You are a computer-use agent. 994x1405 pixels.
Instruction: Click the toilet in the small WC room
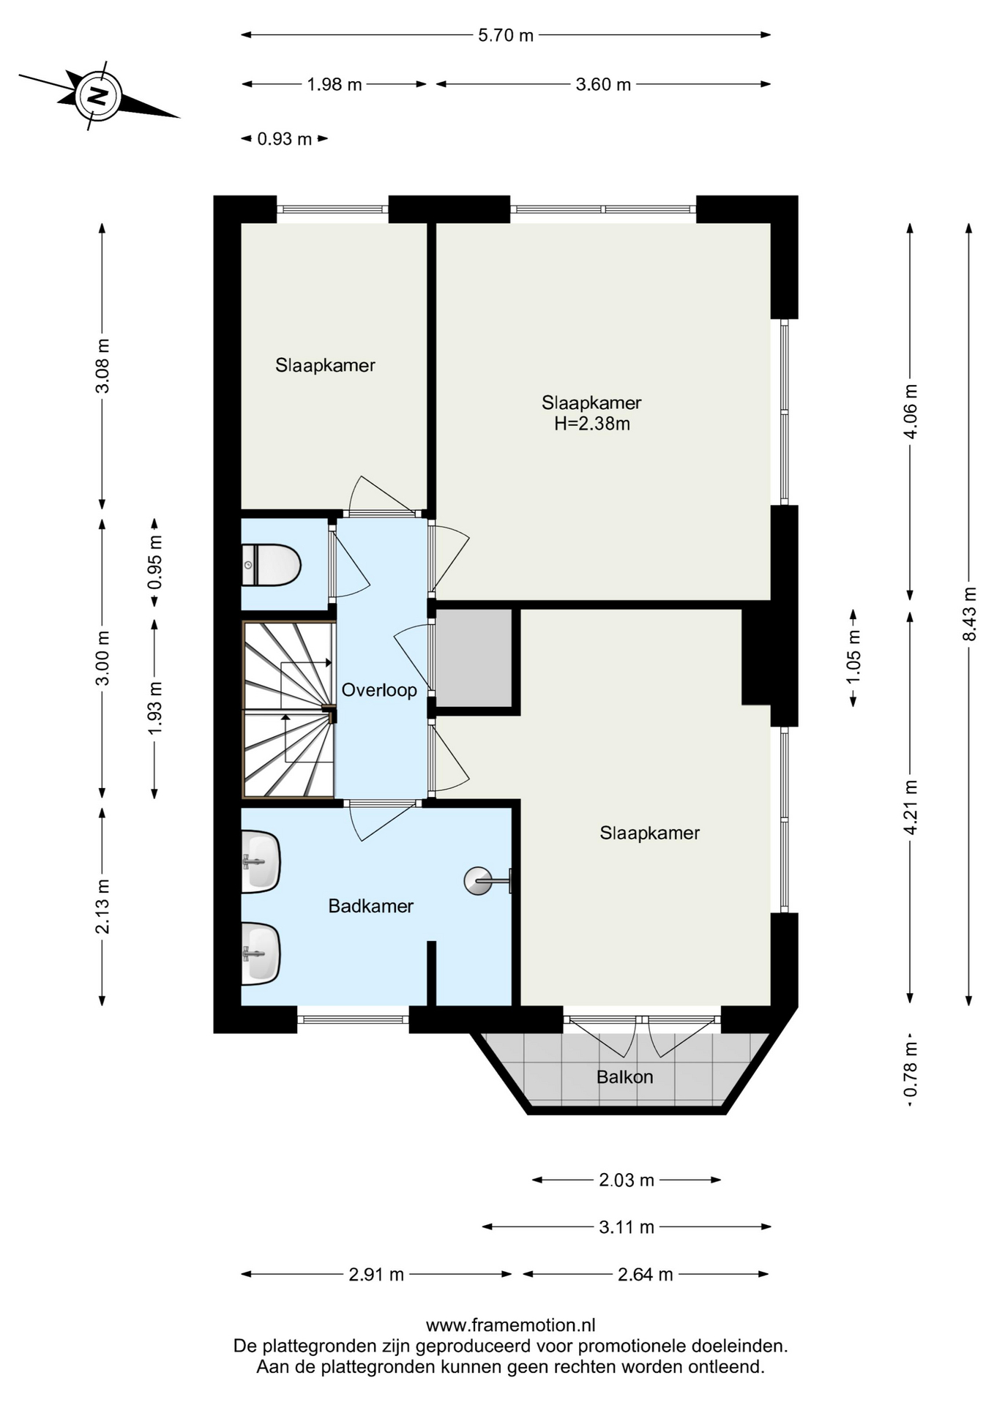tap(271, 565)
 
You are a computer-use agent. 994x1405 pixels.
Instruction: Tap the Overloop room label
tap(379, 690)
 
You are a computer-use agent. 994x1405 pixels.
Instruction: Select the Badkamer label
tap(371, 906)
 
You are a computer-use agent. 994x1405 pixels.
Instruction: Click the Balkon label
tap(624, 1076)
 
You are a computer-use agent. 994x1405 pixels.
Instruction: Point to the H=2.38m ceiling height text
tap(592, 424)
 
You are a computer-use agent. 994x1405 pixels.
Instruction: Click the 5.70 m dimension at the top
tap(506, 35)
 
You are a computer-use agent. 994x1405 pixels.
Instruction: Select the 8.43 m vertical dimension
tap(970, 614)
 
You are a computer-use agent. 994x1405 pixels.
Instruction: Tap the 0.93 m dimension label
tap(285, 139)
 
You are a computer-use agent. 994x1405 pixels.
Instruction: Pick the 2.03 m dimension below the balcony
tap(627, 1180)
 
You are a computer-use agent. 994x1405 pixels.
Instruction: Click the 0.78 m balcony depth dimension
tap(911, 1070)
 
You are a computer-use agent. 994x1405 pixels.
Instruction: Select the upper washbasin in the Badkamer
tap(261, 861)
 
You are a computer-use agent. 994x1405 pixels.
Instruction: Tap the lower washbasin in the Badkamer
tap(261, 953)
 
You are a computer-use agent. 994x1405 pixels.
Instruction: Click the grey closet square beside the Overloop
tap(474, 658)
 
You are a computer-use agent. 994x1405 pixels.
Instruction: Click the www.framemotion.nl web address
tap(510, 1325)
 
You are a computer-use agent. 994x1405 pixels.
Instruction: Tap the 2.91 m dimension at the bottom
tap(376, 1274)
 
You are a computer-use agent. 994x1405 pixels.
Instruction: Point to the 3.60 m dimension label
tap(603, 84)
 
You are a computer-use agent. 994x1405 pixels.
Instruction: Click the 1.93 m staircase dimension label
tap(154, 708)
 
